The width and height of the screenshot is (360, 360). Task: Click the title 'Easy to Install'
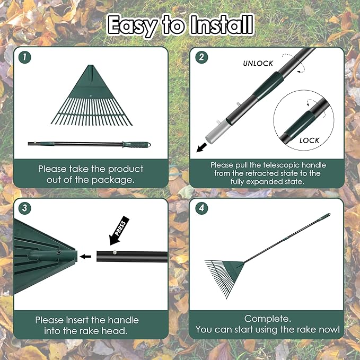point(180,24)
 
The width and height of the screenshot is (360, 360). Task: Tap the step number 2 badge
point(201,57)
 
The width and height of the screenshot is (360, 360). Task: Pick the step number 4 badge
point(201,208)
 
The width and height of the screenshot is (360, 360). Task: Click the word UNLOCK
point(258,63)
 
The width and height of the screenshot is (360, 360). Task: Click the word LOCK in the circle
point(309,141)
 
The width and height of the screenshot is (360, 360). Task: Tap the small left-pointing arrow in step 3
point(85,257)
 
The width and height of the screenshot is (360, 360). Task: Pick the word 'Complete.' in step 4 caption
point(268,318)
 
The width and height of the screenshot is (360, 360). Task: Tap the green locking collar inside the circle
point(299,127)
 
